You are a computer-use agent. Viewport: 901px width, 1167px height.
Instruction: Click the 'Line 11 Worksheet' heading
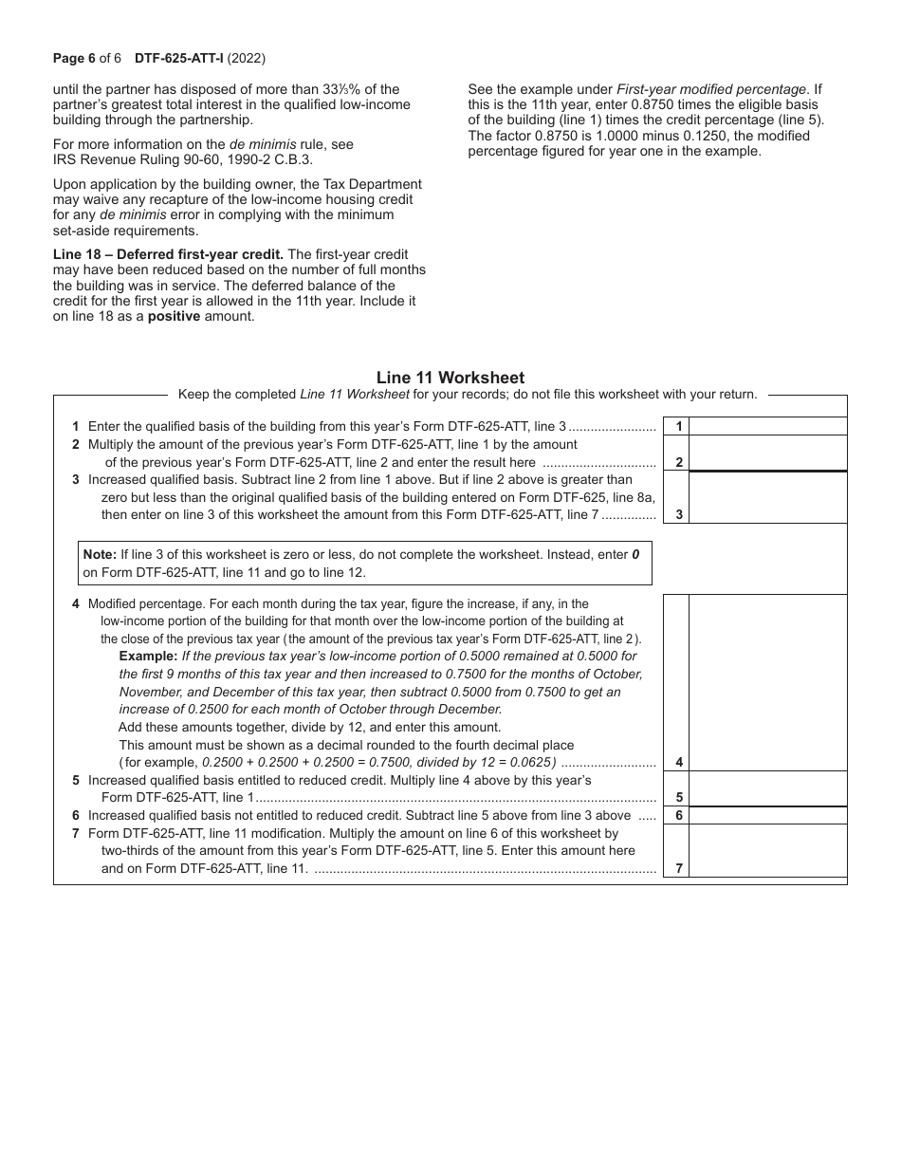[450, 378]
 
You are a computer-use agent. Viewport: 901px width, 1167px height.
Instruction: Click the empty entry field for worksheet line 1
[767, 427]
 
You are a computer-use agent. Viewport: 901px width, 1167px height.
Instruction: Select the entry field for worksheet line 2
[767, 454]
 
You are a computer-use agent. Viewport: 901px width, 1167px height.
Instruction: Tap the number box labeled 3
[678, 515]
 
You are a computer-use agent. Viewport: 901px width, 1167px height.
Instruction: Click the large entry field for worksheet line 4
[767, 682]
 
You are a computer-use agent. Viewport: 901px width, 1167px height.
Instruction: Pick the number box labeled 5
[678, 798]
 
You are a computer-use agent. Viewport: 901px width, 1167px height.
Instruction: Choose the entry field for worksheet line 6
[767, 815]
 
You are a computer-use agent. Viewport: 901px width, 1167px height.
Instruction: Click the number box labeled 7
[678, 868]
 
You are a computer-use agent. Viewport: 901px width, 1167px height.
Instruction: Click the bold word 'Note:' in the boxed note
[100, 554]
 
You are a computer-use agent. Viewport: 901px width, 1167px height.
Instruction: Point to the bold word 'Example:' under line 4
[148, 657]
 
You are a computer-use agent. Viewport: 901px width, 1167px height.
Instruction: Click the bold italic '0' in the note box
[636, 554]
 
